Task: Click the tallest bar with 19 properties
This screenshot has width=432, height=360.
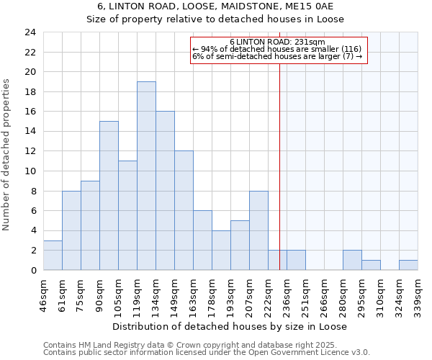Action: click(146, 176)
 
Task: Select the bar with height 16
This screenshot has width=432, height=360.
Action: click(165, 191)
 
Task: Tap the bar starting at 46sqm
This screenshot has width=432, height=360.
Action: click(53, 255)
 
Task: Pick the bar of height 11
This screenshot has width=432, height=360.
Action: click(127, 215)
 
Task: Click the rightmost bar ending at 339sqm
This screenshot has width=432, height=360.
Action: click(408, 265)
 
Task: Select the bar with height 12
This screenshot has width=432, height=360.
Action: click(184, 210)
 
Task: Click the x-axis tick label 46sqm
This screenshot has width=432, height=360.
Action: click(43, 293)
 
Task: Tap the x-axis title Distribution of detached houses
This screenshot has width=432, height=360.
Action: click(230, 326)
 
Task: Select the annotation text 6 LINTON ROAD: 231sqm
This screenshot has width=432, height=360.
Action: click(278, 42)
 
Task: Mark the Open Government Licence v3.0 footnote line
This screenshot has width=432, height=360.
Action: click(207, 353)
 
